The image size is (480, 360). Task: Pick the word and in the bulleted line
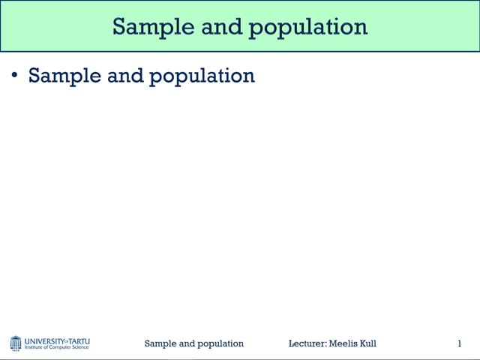[125, 76]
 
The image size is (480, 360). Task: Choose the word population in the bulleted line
[202, 76]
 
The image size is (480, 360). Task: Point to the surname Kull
[368, 343]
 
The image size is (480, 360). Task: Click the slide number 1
[459, 343]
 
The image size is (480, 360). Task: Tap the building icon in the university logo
[16, 343]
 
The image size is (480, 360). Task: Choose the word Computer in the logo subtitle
[59, 348]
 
